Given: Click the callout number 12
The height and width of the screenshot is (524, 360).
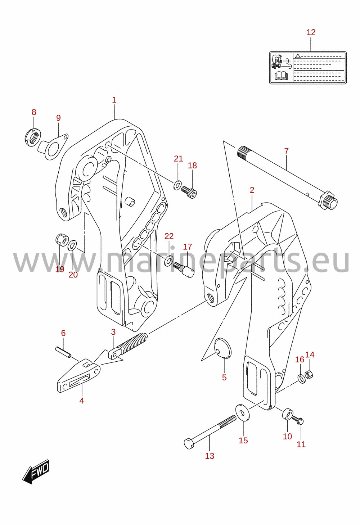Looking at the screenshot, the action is tap(311, 32).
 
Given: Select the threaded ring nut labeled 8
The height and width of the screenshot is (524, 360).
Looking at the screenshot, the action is tap(32, 137).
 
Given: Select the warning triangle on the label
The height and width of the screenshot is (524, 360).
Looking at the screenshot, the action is tap(297, 56).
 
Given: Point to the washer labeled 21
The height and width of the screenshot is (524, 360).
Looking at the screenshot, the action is tap(177, 185).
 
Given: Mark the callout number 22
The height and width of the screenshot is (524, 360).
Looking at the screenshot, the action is tap(169, 236).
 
